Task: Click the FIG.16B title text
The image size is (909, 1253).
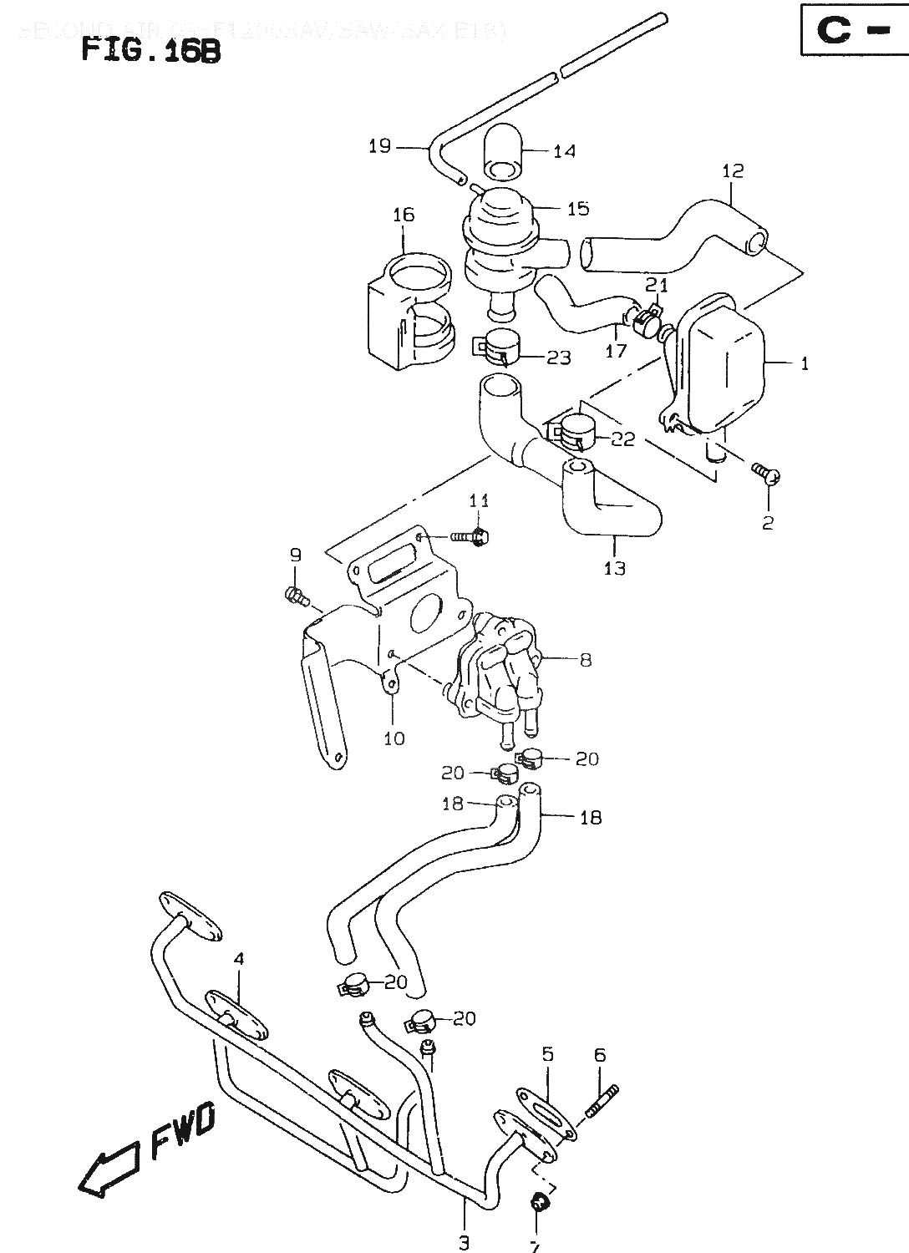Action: tap(151, 52)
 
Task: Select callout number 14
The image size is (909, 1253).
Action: tap(564, 151)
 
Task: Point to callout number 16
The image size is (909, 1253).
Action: tap(404, 215)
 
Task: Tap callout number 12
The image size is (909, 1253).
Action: tap(733, 171)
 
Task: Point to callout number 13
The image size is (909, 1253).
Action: tap(615, 568)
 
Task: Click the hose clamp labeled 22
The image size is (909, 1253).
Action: tap(574, 429)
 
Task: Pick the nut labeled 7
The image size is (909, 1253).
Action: tap(539, 1202)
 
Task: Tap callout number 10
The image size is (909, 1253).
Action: tap(394, 738)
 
